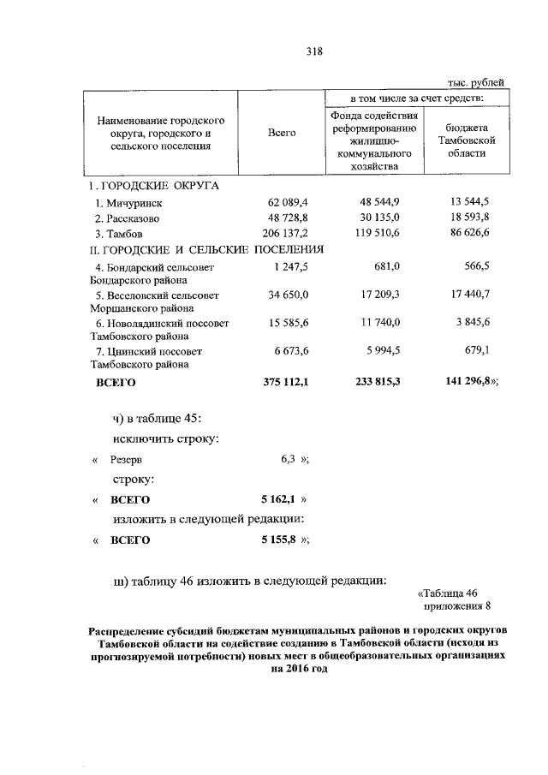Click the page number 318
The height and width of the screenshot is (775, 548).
coord(313,51)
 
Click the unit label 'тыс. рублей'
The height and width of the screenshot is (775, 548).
coord(476,82)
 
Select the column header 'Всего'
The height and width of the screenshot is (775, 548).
coord(282,134)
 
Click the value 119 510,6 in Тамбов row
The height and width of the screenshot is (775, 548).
coord(378,233)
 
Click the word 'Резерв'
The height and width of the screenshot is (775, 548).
coord(126,459)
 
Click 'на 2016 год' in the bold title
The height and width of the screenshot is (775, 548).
coord(297,671)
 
